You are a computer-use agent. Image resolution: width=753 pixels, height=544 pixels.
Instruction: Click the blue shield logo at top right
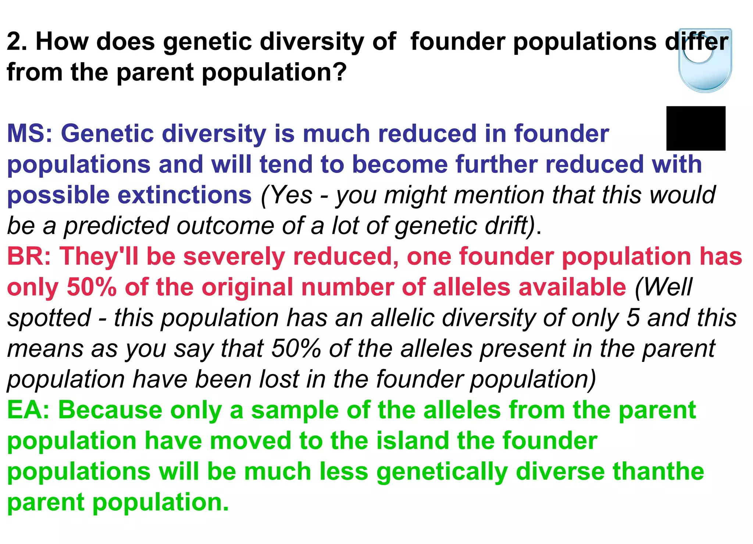705,61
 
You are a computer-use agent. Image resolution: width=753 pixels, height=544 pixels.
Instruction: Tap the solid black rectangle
696,128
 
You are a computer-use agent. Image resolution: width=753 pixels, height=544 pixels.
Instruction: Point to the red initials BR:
29,256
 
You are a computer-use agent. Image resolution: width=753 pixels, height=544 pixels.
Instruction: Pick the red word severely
234,256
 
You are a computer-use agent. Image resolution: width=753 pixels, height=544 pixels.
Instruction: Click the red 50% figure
92,287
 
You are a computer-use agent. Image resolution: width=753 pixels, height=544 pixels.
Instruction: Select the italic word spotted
49,318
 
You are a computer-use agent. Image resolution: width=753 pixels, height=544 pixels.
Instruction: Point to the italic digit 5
633,318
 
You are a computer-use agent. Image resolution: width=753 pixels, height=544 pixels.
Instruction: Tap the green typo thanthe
658,472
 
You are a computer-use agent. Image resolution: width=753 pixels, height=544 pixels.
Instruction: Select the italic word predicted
116,225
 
